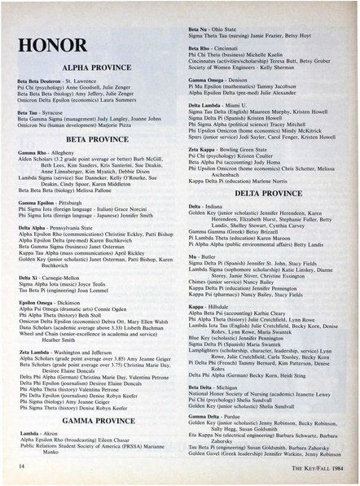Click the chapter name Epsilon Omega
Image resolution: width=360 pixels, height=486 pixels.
[x=35, y=302]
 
